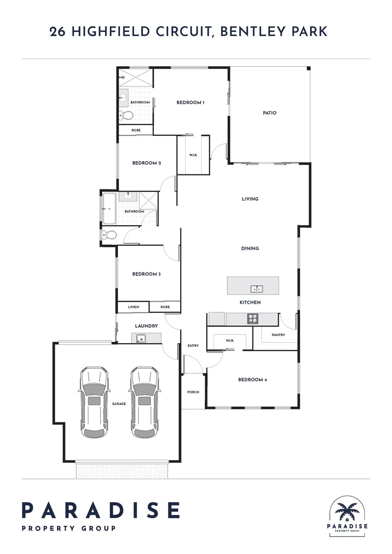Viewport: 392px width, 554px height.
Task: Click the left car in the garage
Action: click(94, 402)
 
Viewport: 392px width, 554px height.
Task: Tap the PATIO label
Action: click(269, 113)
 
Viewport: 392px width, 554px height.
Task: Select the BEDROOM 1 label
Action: click(190, 103)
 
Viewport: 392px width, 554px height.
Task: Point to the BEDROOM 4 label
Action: click(252, 380)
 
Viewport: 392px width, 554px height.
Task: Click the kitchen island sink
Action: click(257, 289)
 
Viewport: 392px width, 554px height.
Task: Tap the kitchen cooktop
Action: click(252, 319)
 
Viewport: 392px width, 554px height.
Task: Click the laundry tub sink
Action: click(140, 338)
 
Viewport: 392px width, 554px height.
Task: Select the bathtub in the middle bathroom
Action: click(110, 208)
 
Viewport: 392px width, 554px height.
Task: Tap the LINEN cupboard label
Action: click(133, 307)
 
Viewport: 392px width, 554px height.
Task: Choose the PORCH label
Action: click(193, 392)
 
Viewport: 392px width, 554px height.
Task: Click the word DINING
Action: click(250, 248)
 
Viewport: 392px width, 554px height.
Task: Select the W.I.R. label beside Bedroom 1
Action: click(193, 155)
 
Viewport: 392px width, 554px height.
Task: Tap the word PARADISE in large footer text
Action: click(101, 510)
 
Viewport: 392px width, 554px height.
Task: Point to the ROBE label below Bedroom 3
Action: click(165, 307)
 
